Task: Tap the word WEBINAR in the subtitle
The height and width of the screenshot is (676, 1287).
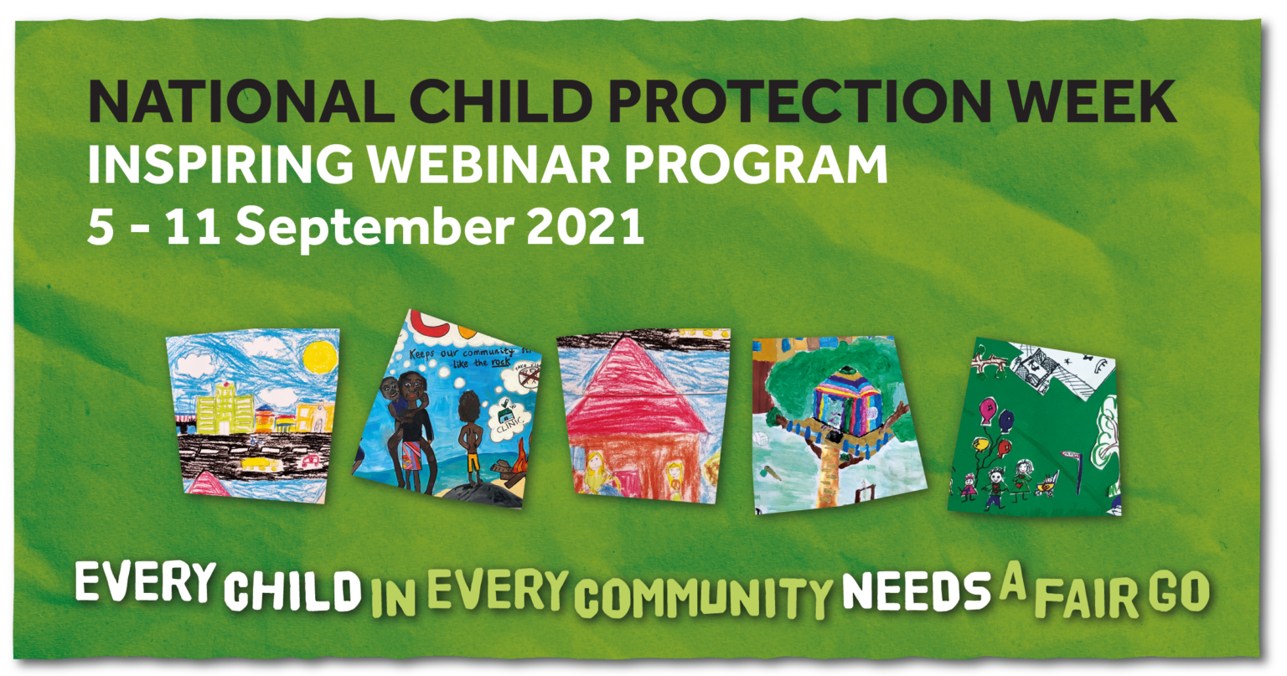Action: point(475,165)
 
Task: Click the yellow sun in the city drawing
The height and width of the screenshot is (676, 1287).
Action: point(319,358)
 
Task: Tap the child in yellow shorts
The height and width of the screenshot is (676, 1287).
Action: point(468,436)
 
